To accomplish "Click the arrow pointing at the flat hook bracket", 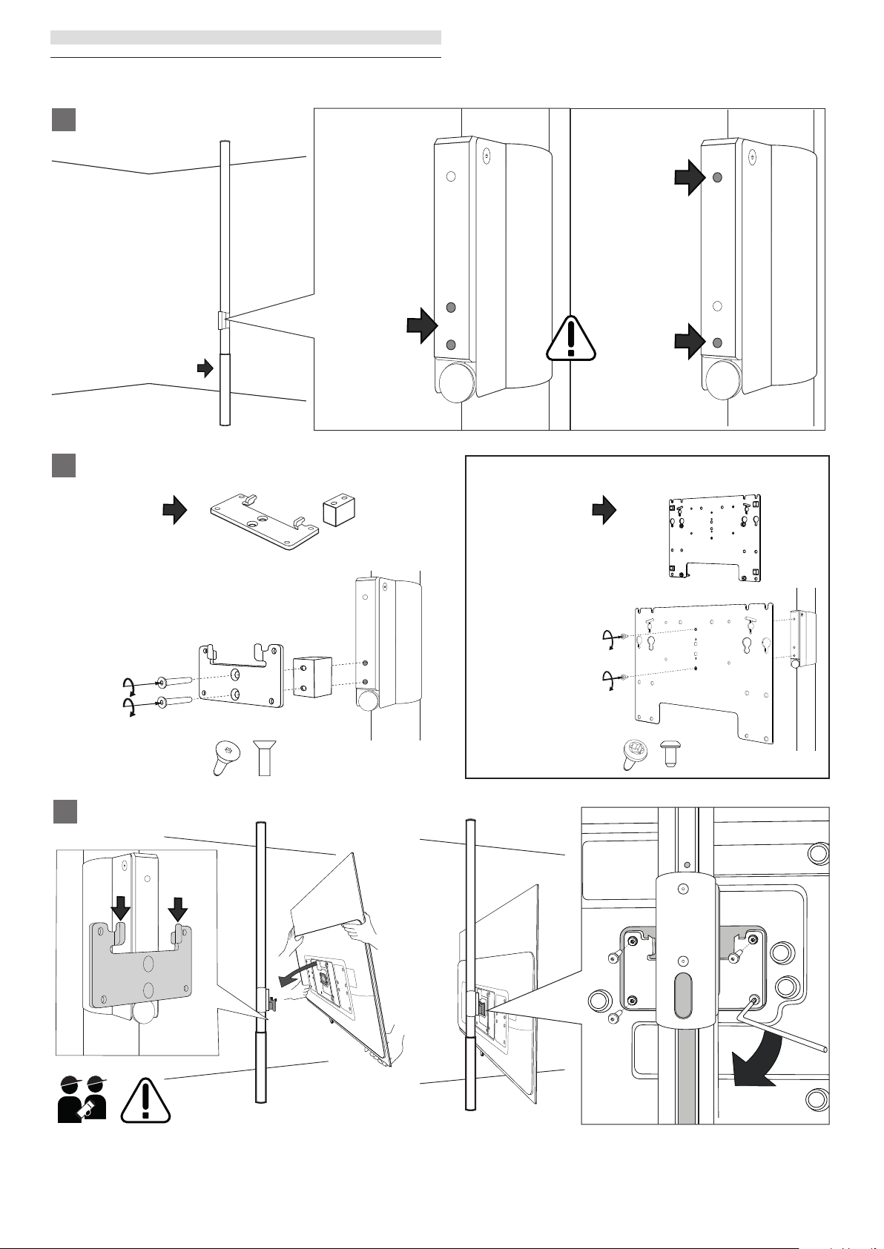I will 175,511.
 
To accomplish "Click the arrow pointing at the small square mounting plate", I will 604,511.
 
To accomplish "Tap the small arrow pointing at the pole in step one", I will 205,368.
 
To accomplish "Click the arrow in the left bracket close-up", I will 421,325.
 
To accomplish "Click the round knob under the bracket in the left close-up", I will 455,382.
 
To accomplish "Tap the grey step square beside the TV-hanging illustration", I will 65,811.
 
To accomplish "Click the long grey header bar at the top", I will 245,38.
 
